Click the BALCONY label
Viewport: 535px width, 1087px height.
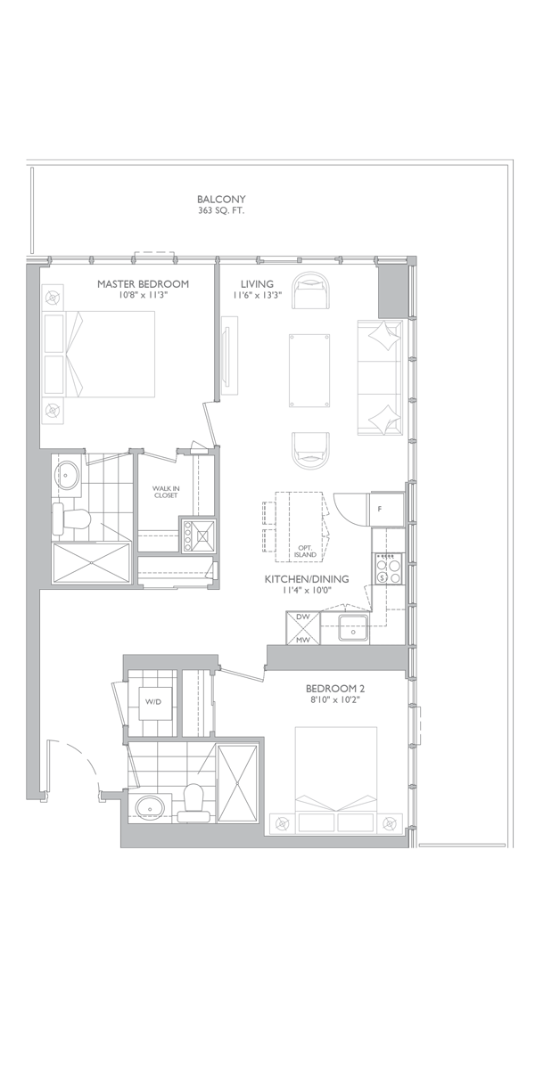tap(221, 200)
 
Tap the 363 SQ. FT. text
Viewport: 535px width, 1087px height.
tap(221, 211)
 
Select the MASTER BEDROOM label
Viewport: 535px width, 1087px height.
tap(143, 284)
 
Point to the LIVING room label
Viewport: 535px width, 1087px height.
tap(257, 284)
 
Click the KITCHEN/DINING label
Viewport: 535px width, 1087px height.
tap(307, 579)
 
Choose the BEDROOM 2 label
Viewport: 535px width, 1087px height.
tap(335, 689)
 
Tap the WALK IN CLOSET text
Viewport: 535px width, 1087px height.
tap(166, 492)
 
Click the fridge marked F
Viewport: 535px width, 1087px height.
tap(387, 509)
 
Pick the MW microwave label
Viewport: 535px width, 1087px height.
tap(302, 640)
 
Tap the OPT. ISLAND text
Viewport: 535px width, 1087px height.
tap(305, 552)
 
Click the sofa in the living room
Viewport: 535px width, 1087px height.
tap(380, 377)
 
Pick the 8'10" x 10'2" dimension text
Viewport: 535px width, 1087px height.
tap(335, 700)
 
